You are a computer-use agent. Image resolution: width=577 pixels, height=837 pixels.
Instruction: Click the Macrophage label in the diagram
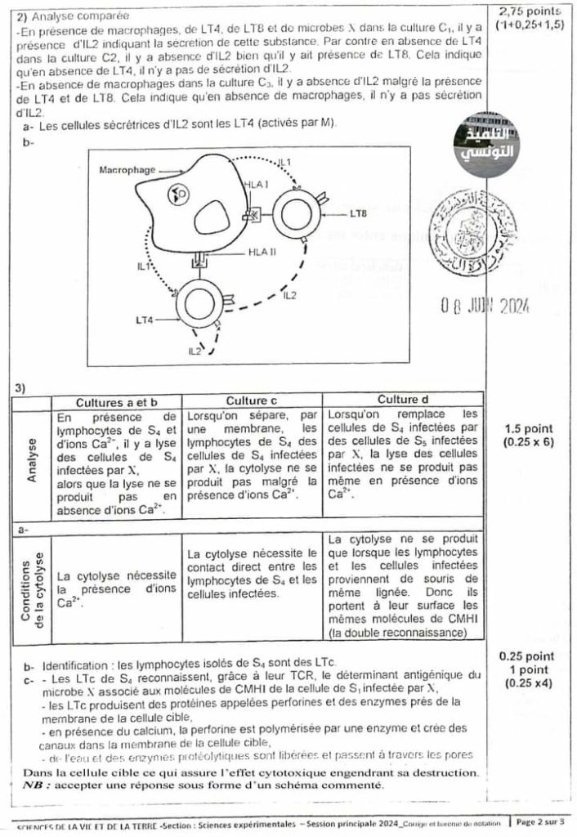pyautogui.click(x=126, y=171)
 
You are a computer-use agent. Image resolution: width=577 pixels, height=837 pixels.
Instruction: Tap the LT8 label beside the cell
pyautogui.click(x=358, y=213)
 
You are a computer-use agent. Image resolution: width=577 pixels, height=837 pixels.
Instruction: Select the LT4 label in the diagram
pyautogui.click(x=145, y=320)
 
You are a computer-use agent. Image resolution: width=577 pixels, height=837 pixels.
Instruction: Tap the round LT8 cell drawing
pyautogui.click(x=297, y=214)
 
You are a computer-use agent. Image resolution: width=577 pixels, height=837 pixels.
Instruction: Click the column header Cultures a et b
pyautogui.click(x=116, y=402)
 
